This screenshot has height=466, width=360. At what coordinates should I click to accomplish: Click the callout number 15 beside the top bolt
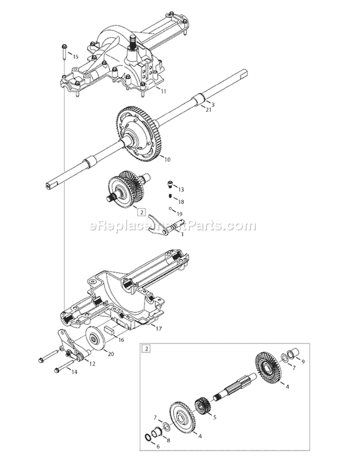(x=75, y=57)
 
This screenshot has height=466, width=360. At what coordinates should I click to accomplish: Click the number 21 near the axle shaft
(x=209, y=110)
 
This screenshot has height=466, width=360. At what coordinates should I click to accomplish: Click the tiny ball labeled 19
(x=170, y=208)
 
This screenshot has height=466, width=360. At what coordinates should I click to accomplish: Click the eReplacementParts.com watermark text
(x=173, y=225)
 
